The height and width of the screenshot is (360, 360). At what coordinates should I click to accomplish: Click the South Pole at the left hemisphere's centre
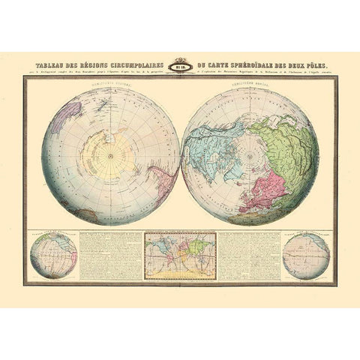[110, 156]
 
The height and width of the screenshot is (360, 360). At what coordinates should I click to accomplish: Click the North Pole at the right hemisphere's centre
[250, 156]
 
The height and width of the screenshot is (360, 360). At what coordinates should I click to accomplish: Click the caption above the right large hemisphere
[250, 83]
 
